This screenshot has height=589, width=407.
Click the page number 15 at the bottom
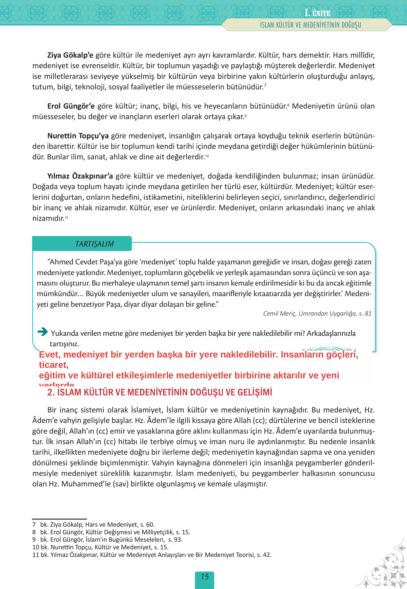click(x=204, y=576)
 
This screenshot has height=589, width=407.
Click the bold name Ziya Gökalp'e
click(x=70, y=55)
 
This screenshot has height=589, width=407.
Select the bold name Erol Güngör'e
click(x=71, y=106)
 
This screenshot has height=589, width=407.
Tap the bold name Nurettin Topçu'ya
click(x=78, y=136)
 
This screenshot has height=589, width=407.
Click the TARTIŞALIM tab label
click(x=94, y=244)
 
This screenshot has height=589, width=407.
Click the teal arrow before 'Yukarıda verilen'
click(x=43, y=332)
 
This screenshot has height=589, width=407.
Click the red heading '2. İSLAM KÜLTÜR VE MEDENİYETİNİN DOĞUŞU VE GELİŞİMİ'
click(x=160, y=392)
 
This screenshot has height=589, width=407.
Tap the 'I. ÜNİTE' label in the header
click(x=317, y=13)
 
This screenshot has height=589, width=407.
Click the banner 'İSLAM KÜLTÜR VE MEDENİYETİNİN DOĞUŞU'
click(x=310, y=25)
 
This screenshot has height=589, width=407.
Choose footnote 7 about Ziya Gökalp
click(x=93, y=524)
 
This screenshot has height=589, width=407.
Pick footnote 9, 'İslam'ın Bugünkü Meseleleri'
click(x=107, y=539)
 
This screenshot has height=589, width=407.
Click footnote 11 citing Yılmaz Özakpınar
click(x=152, y=555)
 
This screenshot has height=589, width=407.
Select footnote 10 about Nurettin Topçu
click(x=100, y=547)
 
